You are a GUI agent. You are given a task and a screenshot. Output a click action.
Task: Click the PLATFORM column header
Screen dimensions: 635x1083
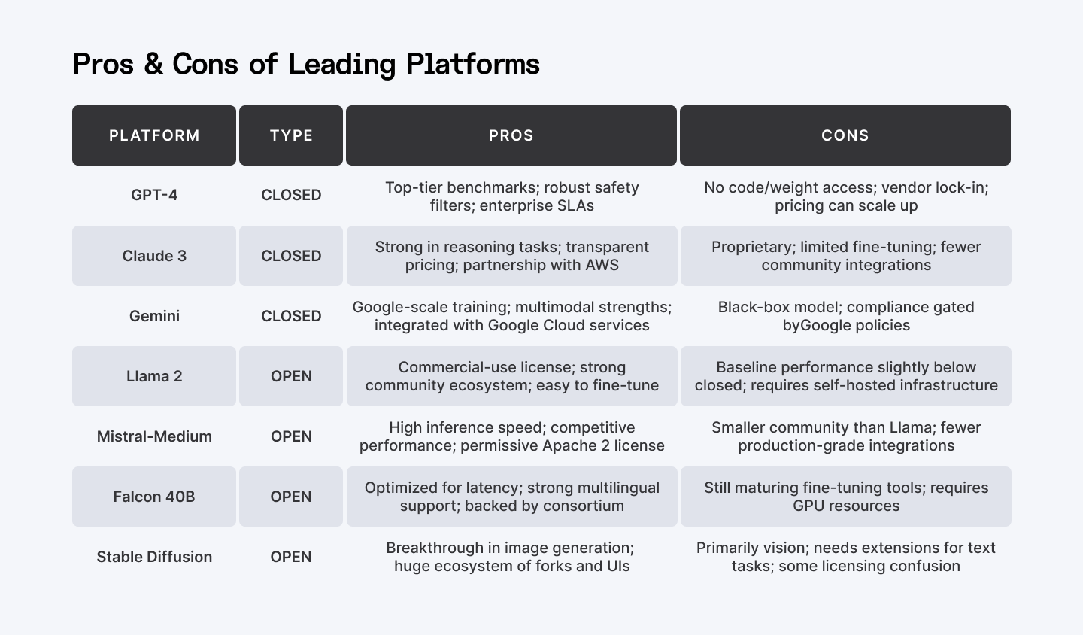click(x=154, y=135)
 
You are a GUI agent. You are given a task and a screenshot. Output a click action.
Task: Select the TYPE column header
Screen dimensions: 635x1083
click(x=291, y=135)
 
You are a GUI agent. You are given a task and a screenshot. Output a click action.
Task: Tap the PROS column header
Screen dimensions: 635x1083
click(x=511, y=135)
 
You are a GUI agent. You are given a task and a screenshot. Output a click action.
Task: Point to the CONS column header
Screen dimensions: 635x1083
click(x=845, y=135)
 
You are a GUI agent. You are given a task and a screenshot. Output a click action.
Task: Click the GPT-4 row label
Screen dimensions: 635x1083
click(x=154, y=195)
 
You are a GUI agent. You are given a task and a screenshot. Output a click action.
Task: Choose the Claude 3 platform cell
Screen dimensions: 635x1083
click(x=154, y=256)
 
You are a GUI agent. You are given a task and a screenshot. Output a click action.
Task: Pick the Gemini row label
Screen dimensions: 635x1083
click(x=154, y=316)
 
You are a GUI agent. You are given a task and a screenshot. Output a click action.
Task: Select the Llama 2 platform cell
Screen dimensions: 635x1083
click(x=154, y=376)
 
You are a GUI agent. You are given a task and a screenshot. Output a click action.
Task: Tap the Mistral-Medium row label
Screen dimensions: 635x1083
click(x=154, y=436)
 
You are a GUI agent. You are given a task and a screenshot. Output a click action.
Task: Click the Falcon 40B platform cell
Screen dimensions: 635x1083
click(x=154, y=497)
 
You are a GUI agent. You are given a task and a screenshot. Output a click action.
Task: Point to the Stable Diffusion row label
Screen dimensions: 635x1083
click(x=154, y=557)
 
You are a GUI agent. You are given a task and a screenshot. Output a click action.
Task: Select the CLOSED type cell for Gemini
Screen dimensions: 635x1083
click(x=291, y=316)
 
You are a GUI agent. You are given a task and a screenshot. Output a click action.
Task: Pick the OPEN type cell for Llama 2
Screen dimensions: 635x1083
click(x=291, y=376)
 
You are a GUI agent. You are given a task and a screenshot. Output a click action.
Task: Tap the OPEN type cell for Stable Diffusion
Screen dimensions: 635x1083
click(x=291, y=557)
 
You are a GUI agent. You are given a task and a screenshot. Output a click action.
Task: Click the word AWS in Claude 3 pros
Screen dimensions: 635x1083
click(x=602, y=265)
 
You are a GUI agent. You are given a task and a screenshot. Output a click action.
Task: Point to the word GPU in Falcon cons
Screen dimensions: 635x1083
click(x=808, y=506)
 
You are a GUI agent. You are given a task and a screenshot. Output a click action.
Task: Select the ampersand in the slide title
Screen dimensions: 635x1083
click(x=153, y=64)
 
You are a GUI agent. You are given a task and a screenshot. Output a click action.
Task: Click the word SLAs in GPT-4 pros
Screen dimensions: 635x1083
click(x=575, y=205)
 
